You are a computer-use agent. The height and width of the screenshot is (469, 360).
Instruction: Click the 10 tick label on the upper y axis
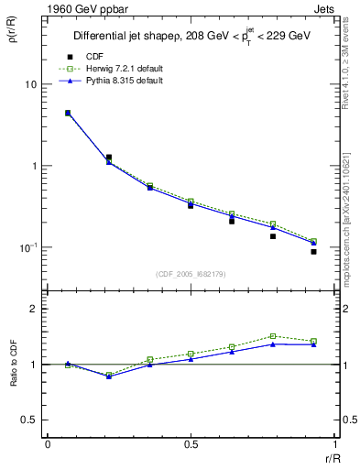pyautogui.click(x=30, y=84)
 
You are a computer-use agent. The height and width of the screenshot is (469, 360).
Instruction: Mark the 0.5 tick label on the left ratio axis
pyautogui.click(x=32, y=420)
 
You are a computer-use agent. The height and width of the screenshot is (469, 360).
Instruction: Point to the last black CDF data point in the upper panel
pyautogui.click(x=313, y=251)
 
